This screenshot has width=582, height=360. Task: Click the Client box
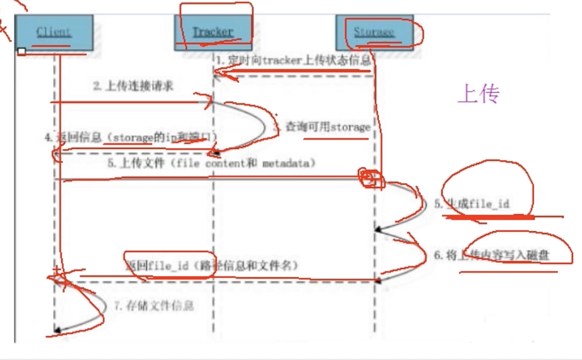53,32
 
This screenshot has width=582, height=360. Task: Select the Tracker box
213,32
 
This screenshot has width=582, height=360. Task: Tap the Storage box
374,32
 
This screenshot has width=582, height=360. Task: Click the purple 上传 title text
478,94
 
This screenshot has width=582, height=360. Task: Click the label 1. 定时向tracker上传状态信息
293,60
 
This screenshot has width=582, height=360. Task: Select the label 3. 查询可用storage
321,127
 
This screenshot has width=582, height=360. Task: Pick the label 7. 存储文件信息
153,306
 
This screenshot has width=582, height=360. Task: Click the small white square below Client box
21,51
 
